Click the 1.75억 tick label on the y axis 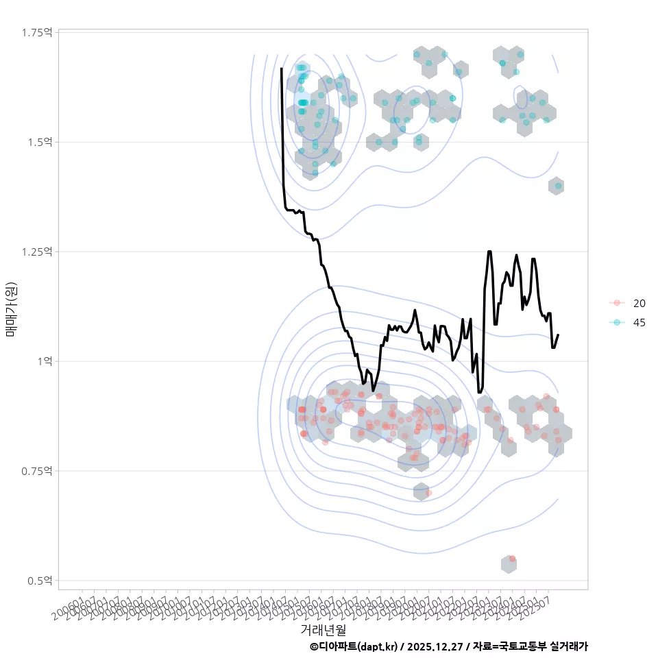[x=39, y=32]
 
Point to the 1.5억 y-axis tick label [x=41, y=142]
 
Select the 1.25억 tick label [x=39, y=252]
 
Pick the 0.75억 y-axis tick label [x=39, y=471]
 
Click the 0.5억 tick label [x=41, y=581]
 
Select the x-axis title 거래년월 [x=323, y=629]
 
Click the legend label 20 [x=639, y=303]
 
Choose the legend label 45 [x=639, y=322]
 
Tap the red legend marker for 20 [x=617, y=303]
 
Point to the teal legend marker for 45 [x=617, y=322]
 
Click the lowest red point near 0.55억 [x=512, y=559]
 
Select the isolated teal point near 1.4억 [x=558, y=186]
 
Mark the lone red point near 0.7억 [x=428, y=493]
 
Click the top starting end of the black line [x=282, y=69]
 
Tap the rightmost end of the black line [x=558, y=335]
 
